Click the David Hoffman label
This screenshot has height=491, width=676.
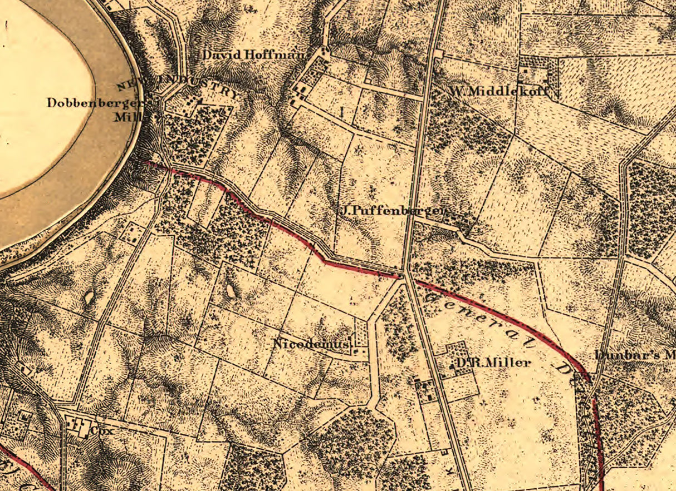coord(253,55)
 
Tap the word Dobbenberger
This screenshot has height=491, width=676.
coord(96,103)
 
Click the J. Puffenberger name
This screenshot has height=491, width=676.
coord(394,211)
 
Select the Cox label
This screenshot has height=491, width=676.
coord(97,429)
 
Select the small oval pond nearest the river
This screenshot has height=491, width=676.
coord(89,298)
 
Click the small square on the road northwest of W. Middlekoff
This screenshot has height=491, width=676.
coord(439,54)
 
